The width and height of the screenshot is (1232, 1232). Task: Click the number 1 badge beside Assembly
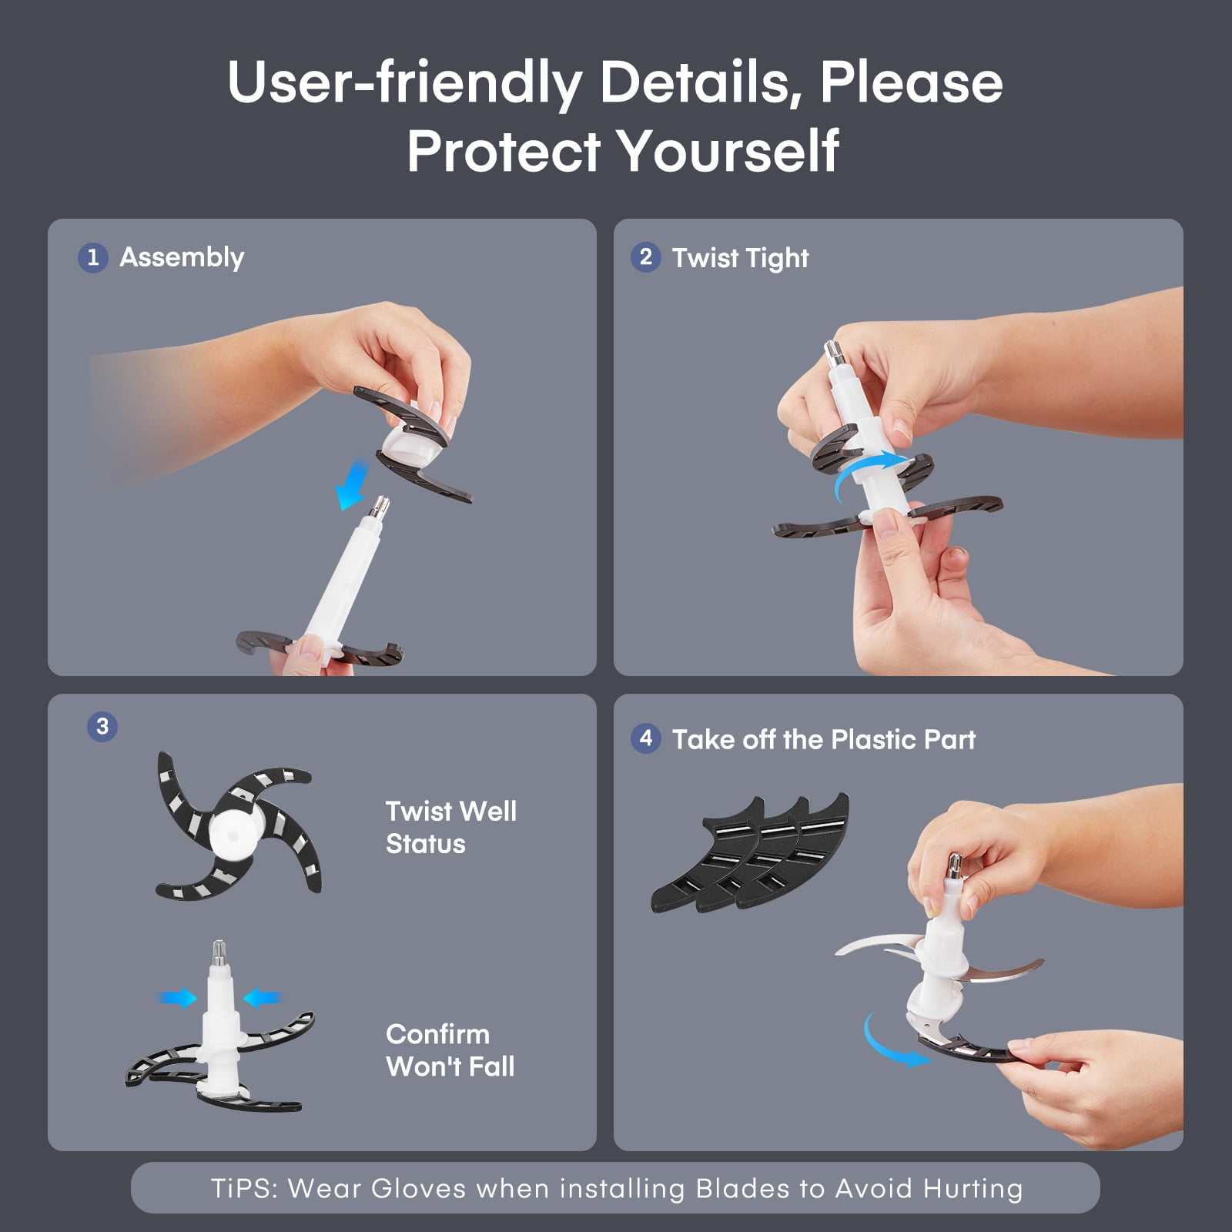pos(92,257)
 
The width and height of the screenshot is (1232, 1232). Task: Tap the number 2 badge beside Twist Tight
pos(645,257)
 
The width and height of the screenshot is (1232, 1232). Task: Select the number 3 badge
pos(102,726)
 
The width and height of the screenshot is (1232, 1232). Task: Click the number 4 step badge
pos(645,738)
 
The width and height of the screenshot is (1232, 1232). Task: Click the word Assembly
pos(182,258)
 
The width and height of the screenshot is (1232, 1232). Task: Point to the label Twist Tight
pos(740,259)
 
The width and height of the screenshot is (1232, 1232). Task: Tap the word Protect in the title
pos(504,150)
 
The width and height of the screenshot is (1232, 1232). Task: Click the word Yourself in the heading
pos(728,150)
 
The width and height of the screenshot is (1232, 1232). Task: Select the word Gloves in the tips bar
pos(418,1188)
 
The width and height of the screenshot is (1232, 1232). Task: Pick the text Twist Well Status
pos(451,828)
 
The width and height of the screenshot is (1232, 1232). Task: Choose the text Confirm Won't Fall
pos(450,1050)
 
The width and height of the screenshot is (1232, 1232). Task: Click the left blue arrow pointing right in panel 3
pos(179,999)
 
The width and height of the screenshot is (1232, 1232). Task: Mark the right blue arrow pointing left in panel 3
pos(262,999)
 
